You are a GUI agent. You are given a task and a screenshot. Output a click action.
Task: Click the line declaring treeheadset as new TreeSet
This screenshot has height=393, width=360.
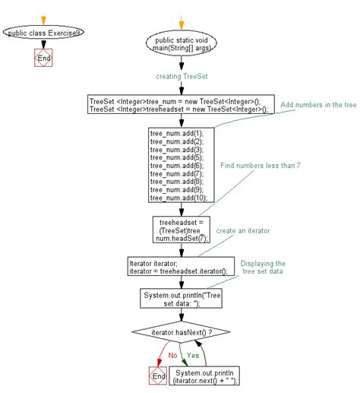click(x=178, y=109)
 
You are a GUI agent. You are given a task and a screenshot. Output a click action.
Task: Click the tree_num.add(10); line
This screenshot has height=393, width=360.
click(x=178, y=198)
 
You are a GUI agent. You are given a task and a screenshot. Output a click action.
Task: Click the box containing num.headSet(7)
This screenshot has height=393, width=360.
click(x=179, y=230)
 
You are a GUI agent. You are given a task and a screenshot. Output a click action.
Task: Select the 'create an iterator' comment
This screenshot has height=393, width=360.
click(x=244, y=230)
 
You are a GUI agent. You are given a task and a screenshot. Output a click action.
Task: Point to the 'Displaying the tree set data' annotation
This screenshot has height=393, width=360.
click(x=263, y=268)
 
